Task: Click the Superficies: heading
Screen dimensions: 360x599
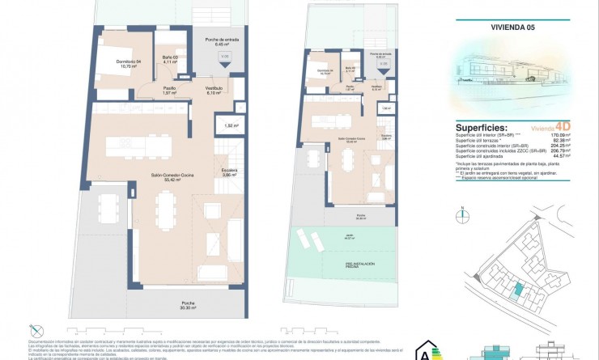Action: [483, 128]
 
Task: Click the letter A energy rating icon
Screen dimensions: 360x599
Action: [423, 351]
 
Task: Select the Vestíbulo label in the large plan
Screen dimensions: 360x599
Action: [215, 90]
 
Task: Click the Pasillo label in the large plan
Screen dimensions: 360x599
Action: [170, 90]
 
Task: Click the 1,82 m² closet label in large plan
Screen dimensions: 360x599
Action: [229, 126]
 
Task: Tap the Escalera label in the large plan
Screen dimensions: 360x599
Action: [230, 172]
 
